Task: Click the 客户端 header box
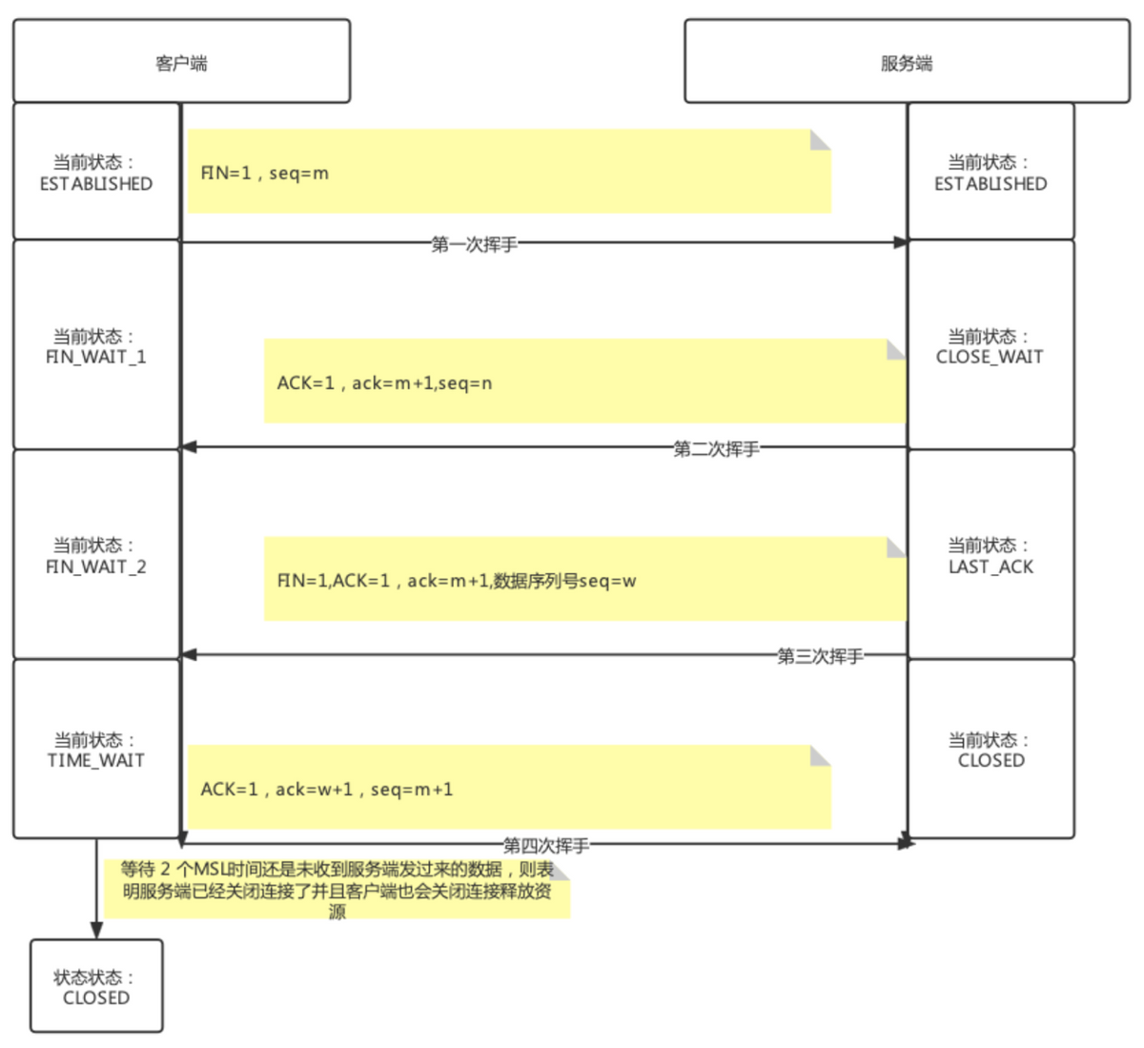click(x=181, y=62)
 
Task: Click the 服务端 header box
click(x=906, y=62)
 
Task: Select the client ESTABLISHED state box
click(x=96, y=173)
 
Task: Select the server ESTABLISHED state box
click(x=991, y=173)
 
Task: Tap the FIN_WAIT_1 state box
click(x=96, y=346)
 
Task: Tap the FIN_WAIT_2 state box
click(x=96, y=556)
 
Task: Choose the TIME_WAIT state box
click(x=96, y=750)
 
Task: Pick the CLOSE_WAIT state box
click(x=991, y=346)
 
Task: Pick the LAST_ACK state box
click(x=991, y=556)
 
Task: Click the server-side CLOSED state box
click(x=991, y=750)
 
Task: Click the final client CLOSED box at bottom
click(x=96, y=987)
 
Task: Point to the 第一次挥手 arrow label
click(x=475, y=244)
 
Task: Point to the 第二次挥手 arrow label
click(x=716, y=448)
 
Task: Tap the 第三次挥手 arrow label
click(x=820, y=656)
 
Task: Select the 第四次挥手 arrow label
click(x=546, y=845)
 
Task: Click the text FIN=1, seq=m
click(x=265, y=173)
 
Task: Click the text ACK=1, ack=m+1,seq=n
click(x=384, y=383)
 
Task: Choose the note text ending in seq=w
click(x=457, y=581)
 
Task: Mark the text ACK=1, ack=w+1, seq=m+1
click(x=327, y=790)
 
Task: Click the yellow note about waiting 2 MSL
click(x=337, y=890)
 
